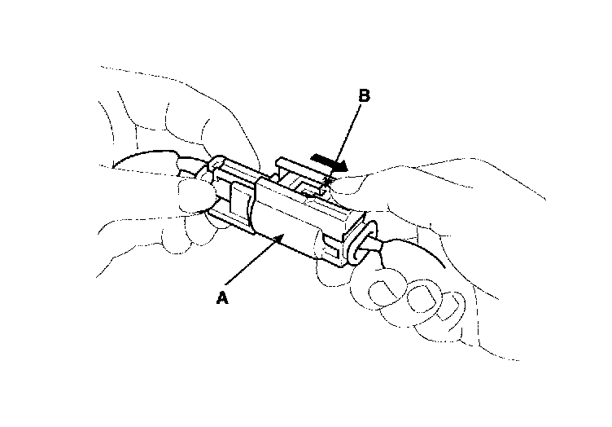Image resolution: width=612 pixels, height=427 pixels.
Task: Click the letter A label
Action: (x=221, y=299)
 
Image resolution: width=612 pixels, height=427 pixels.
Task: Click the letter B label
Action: (x=365, y=96)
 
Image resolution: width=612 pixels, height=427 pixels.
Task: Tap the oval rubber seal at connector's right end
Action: (x=361, y=240)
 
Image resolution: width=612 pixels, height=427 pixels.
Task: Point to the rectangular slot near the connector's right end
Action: (x=329, y=241)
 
